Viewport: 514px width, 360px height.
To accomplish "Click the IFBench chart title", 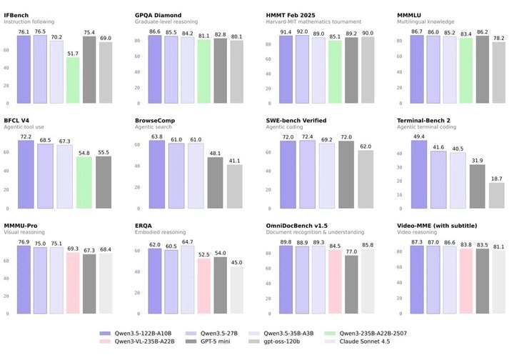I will [17, 14].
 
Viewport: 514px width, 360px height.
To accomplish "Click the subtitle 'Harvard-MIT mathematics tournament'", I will [310, 21].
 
